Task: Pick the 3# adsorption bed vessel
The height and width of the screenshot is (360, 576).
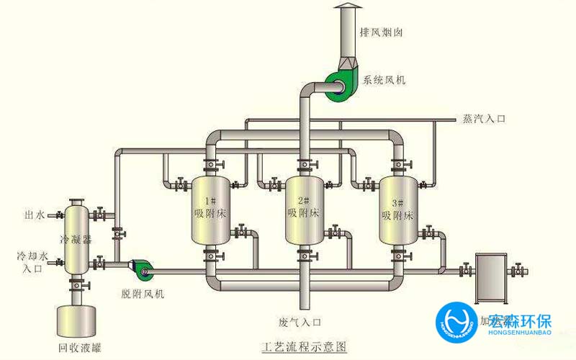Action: (x=397, y=209)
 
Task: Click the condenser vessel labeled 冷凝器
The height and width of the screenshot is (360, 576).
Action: (x=74, y=238)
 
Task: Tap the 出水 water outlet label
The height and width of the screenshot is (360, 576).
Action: (x=35, y=215)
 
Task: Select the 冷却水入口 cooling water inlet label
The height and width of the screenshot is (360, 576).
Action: (x=32, y=262)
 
